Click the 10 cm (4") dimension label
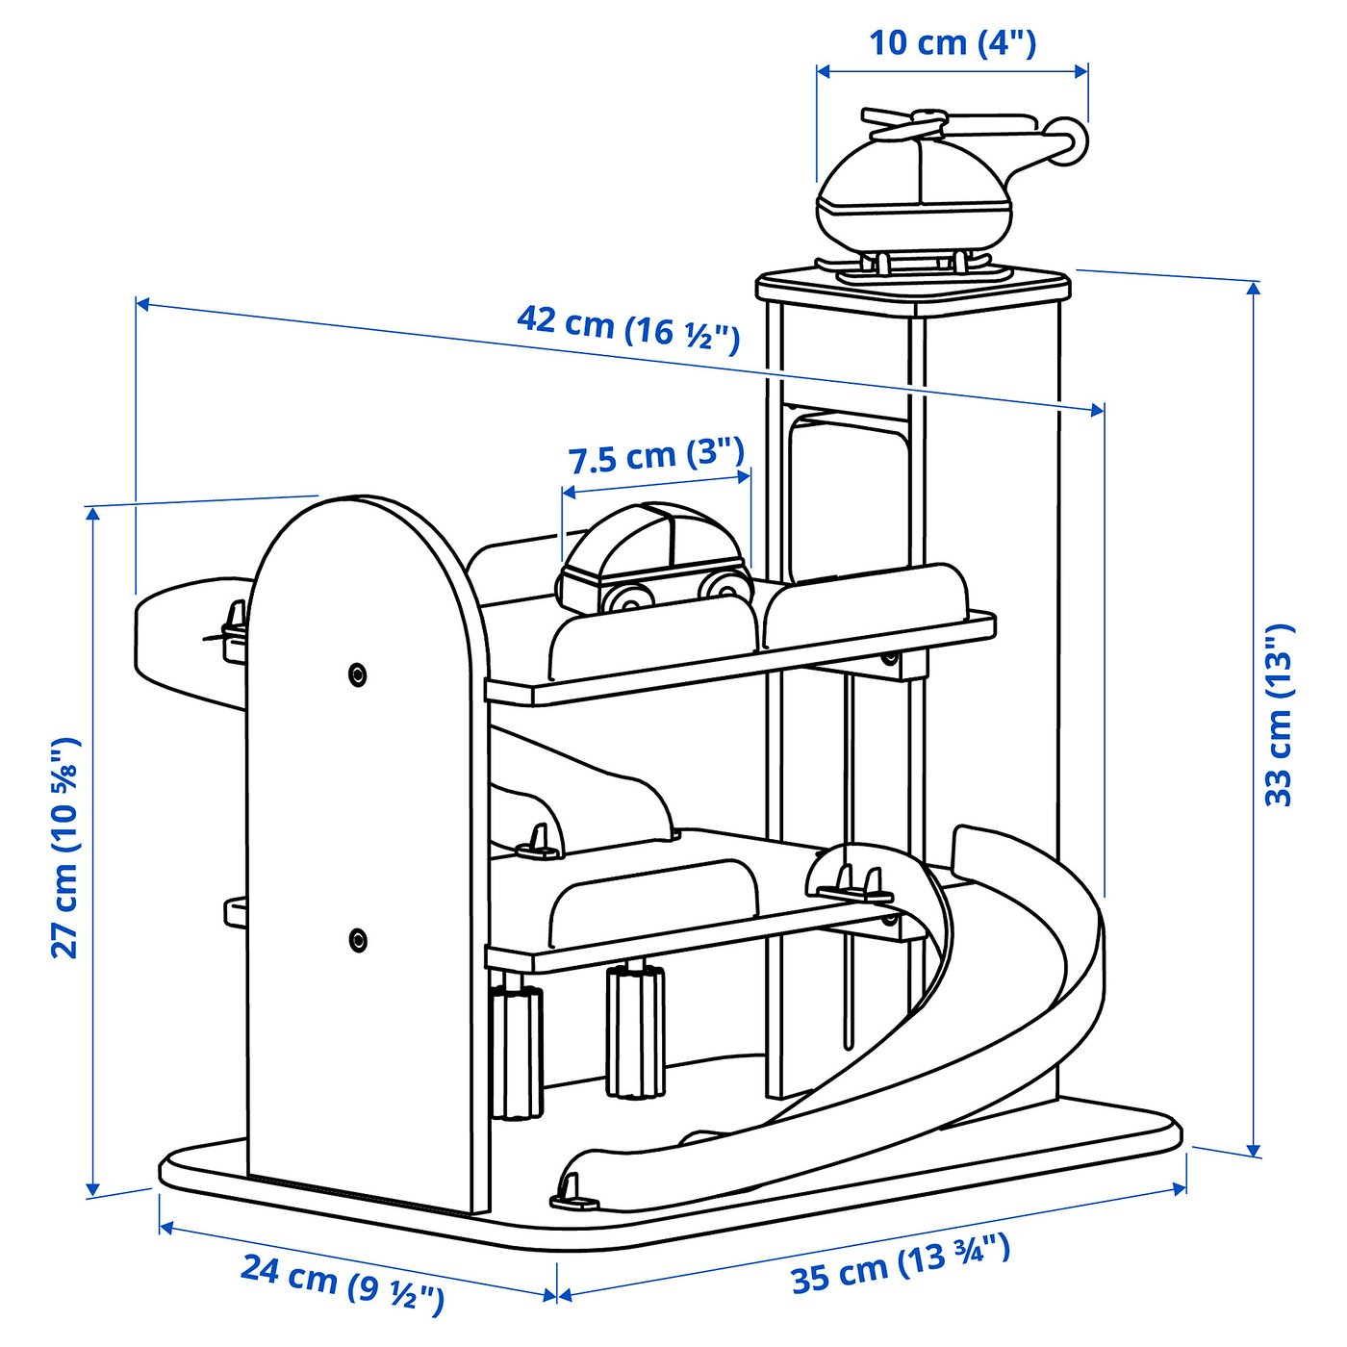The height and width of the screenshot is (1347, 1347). [x=952, y=43]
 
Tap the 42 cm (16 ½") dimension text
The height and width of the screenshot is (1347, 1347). [x=628, y=327]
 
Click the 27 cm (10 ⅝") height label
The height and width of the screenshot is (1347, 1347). [x=65, y=848]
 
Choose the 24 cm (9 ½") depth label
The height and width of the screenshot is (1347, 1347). [x=343, y=1283]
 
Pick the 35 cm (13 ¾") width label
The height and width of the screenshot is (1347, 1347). [x=901, y=1264]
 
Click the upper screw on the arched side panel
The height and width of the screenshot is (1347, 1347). [x=358, y=674]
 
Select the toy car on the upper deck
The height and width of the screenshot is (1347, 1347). [x=654, y=558]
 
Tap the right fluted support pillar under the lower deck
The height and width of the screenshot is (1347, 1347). [x=634, y=1030]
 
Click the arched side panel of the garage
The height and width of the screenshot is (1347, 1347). [x=366, y=827]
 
